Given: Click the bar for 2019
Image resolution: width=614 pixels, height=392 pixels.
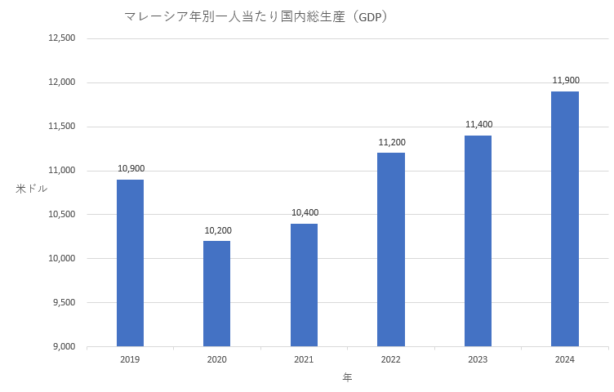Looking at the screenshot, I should [x=130, y=263].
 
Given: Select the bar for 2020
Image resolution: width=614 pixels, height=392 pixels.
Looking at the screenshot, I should [x=217, y=293].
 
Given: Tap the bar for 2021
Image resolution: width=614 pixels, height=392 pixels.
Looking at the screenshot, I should [x=304, y=285].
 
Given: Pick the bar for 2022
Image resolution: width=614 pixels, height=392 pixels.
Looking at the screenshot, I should [x=391, y=249].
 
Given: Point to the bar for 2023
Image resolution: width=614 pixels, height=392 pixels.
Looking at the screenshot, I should [x=478, y=241].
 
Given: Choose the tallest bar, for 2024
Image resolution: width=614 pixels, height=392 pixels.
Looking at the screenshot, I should [x=565, y=219].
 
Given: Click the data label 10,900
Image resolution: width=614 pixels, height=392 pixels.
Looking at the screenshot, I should [x=131, y=169].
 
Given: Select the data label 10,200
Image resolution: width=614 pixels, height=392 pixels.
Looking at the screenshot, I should [x=217, y=230].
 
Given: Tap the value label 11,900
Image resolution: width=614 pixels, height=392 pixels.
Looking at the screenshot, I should [x=565, y=80].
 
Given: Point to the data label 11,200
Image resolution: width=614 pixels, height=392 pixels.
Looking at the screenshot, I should [x=391, y=142].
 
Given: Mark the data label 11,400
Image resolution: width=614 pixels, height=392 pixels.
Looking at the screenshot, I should [x=478, y=124].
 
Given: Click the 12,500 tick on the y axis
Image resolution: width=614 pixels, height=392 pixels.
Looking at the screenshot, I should [x=62, y=38].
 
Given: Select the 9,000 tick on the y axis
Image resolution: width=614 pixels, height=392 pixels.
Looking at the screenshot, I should [x=65, y=347].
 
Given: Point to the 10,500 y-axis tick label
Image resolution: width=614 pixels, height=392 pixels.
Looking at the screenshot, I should [x=62, y=215].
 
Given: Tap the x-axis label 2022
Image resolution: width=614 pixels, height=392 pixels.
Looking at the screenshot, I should [x=391, y=360].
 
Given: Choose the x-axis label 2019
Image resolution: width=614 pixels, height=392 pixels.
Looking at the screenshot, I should [x=130, y=360].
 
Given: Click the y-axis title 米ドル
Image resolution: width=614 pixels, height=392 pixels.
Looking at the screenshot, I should [x=32, y=189].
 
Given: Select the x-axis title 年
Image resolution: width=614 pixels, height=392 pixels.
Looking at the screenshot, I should [x=347, y=378].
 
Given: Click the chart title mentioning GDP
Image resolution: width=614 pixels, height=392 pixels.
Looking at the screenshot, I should [x=255, y=16].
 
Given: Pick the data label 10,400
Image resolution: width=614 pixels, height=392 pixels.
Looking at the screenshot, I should [x=305, y=213].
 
